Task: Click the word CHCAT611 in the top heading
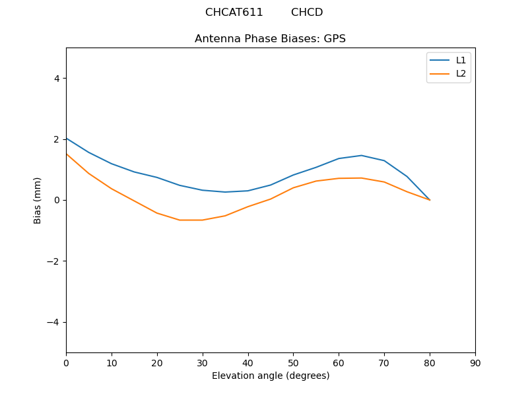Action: pyautogui.click(x=234, y=13)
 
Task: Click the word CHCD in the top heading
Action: pyautogui.click(x=307, y=13)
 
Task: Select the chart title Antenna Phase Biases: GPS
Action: pyautogui.click(x=270, y=39)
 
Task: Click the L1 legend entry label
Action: pyautogui.click(x=461, y=60)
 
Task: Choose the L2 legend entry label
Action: pyautogui.click(x=461, y=73)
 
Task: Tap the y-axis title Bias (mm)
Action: pyautogui.click(x=38, y=200)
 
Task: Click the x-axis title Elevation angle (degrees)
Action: pyautogui.click(x=271, y=376)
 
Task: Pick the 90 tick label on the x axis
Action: pyautogui.click(x=475, y=362)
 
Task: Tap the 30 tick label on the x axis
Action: pyautogui.click(x=203, y=362)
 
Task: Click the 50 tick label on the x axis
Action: pyautogui.click(x=293, y=362)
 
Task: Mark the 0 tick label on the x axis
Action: pyautogui.click(x=66, y=362)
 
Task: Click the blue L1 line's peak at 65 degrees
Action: pyautogui.click(x=361, y=155)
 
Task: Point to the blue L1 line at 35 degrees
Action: pyautogui.click(x=225, y=192)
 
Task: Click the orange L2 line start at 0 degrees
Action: pyautogui.click(x=67, y=154)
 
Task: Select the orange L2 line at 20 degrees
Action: pyautogui.click(x=157, y=213)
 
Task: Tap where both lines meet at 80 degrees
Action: pyautogui.click(x=430, y=199)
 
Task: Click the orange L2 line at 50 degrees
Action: pyautogui.click(x=293, y=187)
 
